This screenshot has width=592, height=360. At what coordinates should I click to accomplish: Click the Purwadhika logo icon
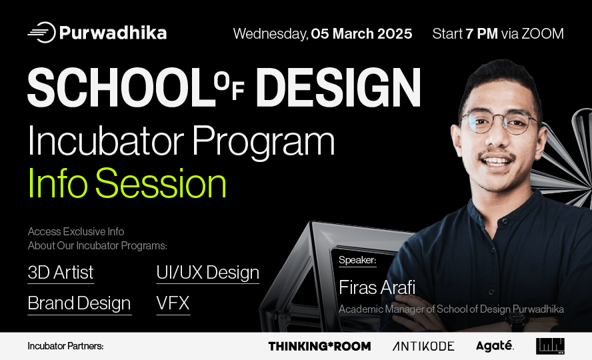(42, 33)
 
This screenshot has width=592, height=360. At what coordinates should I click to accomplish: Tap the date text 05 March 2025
(361, 33)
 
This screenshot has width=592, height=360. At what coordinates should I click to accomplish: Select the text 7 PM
(481, 33)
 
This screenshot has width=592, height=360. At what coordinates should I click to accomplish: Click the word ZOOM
(543, 33)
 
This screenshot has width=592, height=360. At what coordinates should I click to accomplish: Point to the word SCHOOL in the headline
(121, 88)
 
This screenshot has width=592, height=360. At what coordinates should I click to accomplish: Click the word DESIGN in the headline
(338, 88)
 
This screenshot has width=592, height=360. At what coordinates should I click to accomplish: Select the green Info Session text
(127, 183)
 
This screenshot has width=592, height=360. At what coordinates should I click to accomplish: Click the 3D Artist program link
(61, 273)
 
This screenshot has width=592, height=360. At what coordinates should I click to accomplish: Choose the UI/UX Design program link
(207, 273)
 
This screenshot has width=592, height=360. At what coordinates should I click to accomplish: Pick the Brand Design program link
(79, 303)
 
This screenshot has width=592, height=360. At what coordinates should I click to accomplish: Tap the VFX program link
(173, 303)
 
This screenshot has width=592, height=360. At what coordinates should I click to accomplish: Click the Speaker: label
(357, 260)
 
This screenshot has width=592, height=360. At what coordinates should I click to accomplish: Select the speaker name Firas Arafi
(377, 287)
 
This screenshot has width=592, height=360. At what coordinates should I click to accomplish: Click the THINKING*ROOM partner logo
(319, 346)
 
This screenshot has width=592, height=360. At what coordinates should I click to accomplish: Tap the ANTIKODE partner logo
(423, 346)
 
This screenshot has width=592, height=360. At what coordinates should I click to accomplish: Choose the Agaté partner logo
(495, 345)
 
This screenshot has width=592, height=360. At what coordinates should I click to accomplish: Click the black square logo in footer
(550, 346)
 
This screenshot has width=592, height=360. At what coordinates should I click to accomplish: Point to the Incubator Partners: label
(65, 346)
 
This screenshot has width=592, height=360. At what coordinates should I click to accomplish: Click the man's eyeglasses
(499, 122)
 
